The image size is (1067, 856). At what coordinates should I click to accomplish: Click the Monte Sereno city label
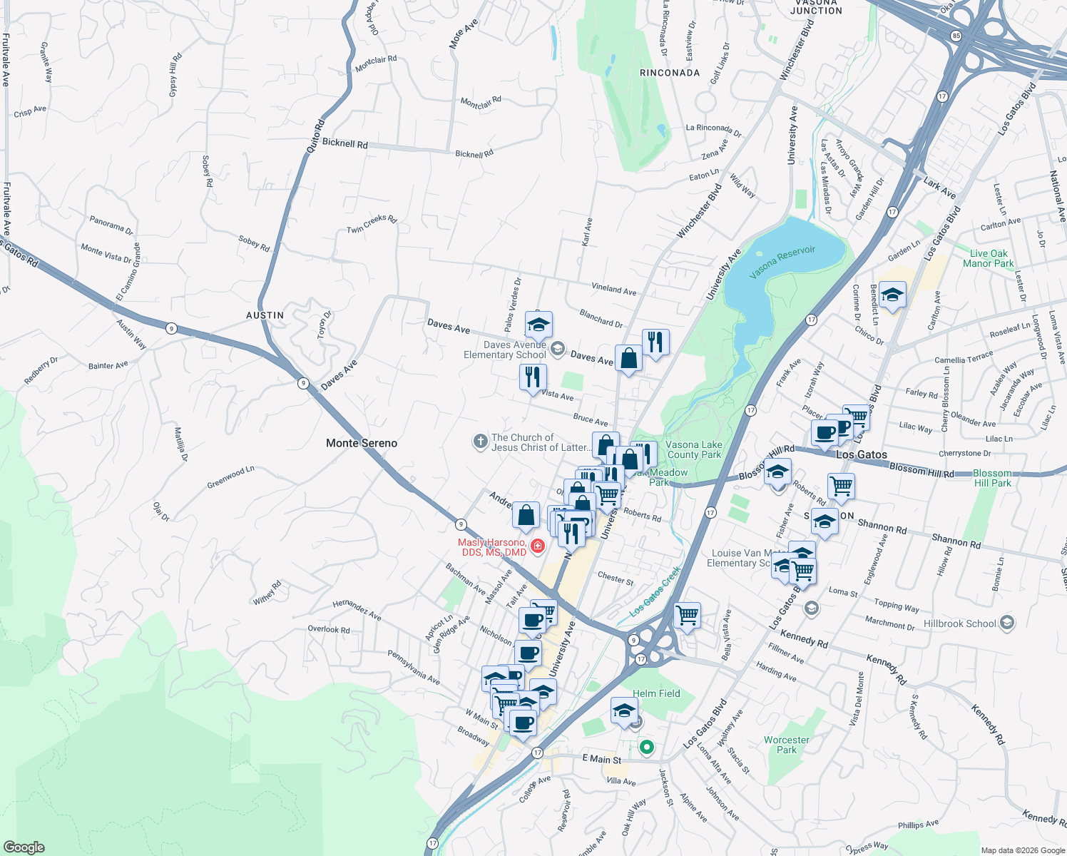(361, 443)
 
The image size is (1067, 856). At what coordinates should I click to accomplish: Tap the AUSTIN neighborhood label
(265, 315)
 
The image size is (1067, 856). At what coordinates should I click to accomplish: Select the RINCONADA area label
(669, 73)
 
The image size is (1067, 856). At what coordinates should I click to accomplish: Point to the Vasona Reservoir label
(782, 263)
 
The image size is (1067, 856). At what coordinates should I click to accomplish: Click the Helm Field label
(656, 693)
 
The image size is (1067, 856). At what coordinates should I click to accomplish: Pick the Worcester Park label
(786, 745)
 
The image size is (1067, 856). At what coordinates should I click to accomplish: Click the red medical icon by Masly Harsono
(538, 546)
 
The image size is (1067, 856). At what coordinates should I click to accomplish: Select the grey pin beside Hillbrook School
(1006, 623)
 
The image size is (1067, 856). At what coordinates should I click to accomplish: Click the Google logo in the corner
(24, 847)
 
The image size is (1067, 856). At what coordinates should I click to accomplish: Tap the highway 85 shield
(956, 36)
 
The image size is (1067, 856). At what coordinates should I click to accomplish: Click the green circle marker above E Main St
(647, 748)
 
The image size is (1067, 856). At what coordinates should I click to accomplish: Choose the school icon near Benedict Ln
(892, 295)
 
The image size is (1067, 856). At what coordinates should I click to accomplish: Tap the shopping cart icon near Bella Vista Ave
(687, 615)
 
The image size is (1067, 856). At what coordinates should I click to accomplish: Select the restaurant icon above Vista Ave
(533, 377)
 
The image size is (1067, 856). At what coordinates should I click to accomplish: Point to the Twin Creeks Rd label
(371, 224)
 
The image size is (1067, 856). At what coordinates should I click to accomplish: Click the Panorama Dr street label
(111, 225)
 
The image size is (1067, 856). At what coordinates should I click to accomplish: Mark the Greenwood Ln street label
(230, 477)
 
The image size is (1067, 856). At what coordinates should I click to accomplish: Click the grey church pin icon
(480, 442)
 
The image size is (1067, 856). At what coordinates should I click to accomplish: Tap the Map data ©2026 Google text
(1022, 850)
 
